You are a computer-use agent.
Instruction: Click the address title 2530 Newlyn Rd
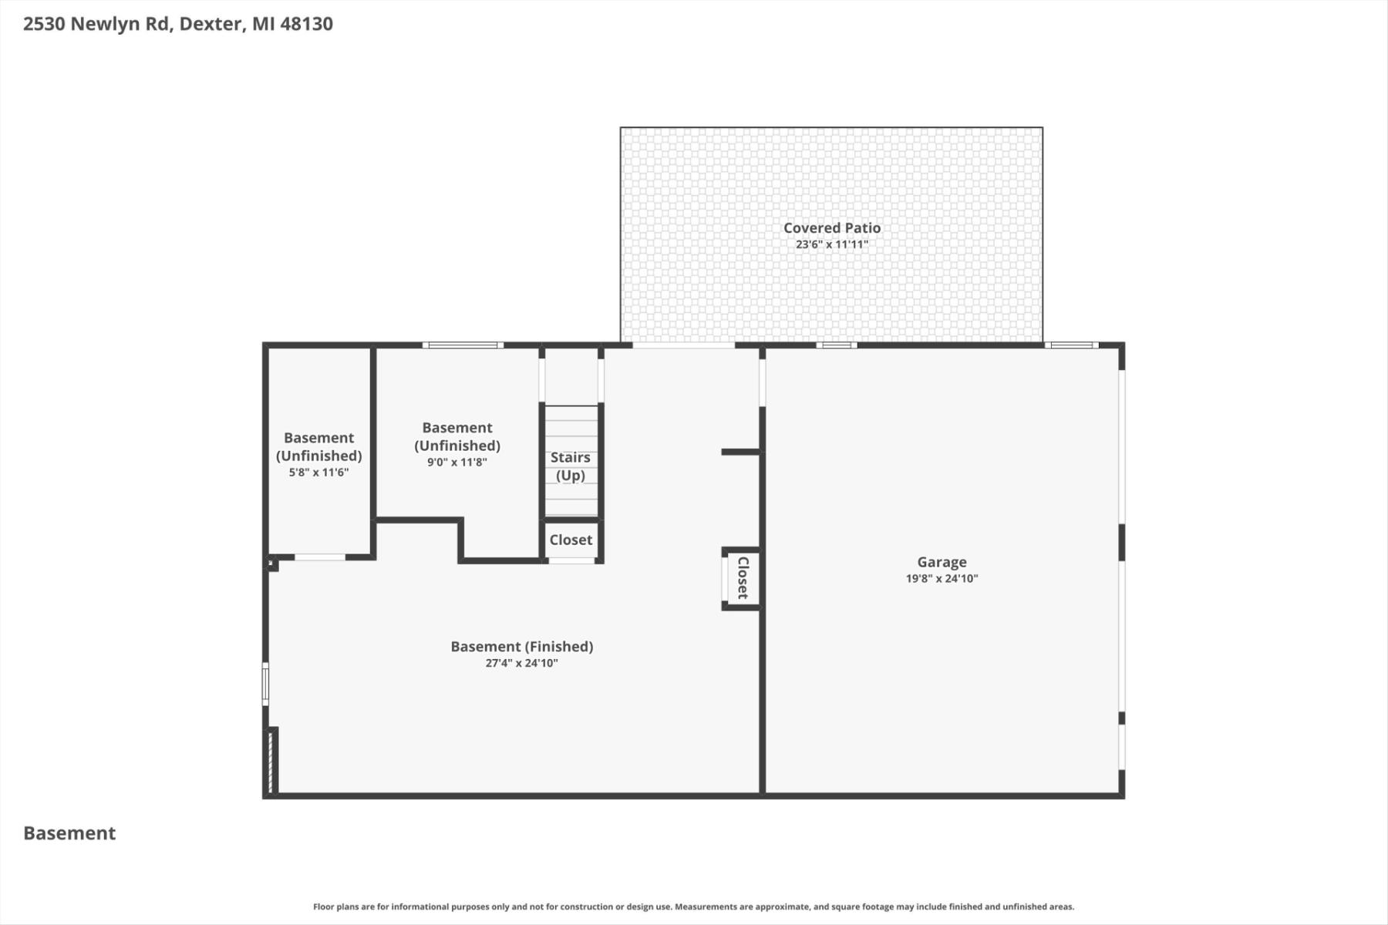coord(96,24)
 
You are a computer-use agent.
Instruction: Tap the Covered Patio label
coord(832,227)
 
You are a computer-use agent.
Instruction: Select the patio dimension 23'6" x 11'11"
coord(832,244)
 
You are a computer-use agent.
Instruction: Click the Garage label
coord(942,563)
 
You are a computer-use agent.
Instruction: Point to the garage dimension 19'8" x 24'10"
coord(942,579)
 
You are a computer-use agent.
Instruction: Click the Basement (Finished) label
coord(522,647)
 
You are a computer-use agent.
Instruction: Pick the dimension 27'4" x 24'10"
coord(522,663)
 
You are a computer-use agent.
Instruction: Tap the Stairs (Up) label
coord(571,466)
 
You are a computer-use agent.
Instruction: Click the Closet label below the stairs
coord(571,540)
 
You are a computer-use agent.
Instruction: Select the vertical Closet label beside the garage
coord(743,577)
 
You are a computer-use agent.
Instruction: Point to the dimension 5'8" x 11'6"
coord(318,473)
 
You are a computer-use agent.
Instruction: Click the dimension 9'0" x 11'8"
coord(457,462)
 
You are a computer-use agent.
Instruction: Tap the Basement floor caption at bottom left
coord(69,833)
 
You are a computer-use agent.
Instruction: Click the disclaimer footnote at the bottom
coord(693,907)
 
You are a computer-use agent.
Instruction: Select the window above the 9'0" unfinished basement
coord(463,345)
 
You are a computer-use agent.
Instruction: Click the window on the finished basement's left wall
coord(265,684)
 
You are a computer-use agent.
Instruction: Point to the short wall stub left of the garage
coord(741,452)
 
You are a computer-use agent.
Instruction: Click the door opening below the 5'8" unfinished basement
coord(320,557)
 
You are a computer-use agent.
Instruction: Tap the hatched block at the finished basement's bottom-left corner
coord(271,762)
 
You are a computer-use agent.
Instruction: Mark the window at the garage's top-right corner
coord(1072,345)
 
